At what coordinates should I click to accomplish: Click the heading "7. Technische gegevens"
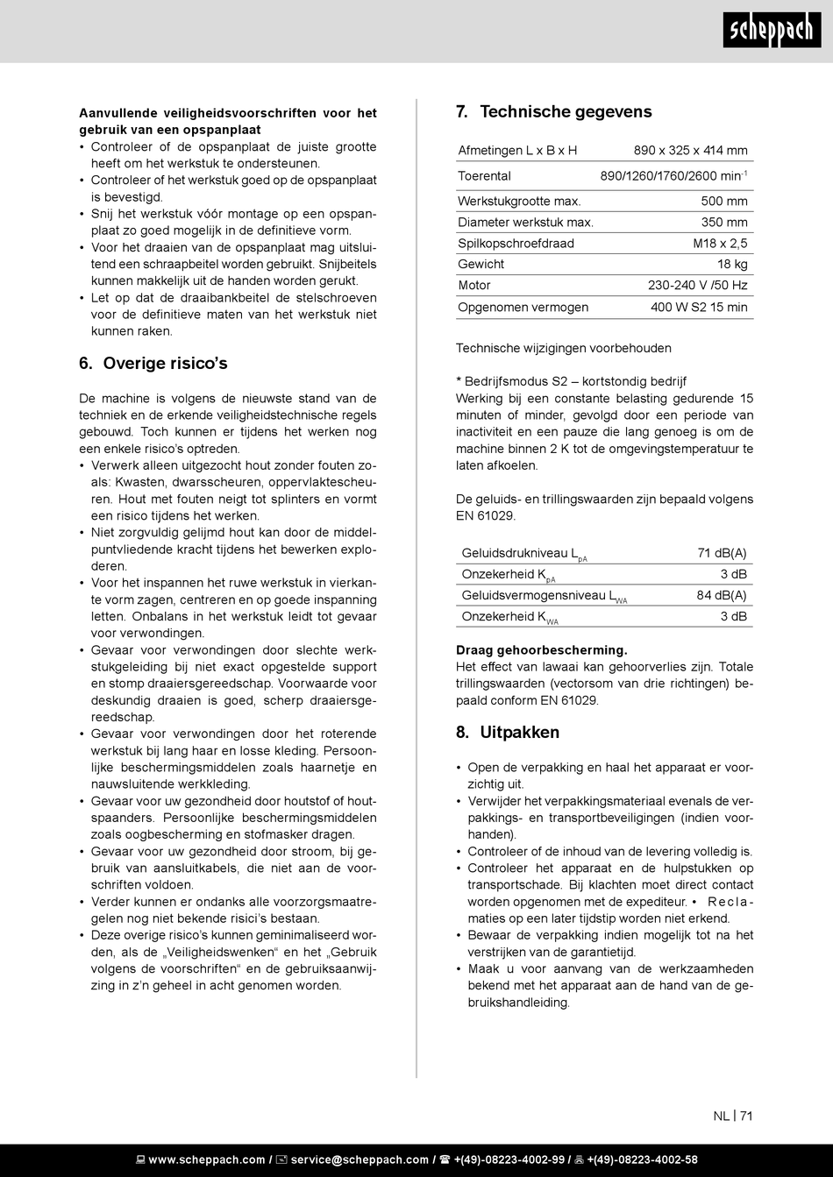point(554,112)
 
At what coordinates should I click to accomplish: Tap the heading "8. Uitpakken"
point(508,733)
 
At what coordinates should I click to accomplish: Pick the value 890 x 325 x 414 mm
point(690,151)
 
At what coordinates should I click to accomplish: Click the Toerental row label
point(484,176)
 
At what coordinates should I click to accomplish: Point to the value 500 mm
point(724,202)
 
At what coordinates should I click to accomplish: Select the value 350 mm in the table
point(724,223)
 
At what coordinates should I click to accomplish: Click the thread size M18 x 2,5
point(720,244)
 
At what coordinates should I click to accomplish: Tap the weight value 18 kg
point(732,265)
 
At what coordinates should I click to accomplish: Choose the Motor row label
point(474,286)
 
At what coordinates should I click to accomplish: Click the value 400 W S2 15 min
point(699,308)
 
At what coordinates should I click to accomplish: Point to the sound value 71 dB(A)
point(722,553)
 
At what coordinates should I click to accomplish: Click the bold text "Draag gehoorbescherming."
point(542,650)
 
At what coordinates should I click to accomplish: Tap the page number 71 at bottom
point(746,1116)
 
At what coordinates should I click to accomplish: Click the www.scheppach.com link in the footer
point(206,1159)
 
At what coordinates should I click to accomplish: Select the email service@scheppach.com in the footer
point(360,1159)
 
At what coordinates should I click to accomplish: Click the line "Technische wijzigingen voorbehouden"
point(564,349)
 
